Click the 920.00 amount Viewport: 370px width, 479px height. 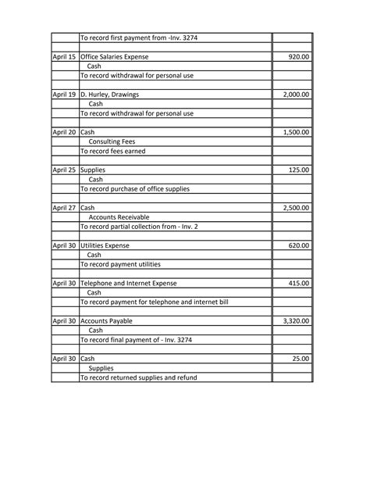[298, 57]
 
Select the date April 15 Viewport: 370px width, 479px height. [64, 57]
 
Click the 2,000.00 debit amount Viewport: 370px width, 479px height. [295, 95]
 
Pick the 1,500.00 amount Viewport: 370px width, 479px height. [295, 132]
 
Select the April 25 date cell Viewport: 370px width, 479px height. [64, 170]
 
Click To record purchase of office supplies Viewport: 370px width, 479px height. [135, 188]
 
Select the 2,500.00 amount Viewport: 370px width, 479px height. [295, 208]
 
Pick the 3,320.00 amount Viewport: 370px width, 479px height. [295, 320]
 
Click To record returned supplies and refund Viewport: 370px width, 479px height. [139, 377]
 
